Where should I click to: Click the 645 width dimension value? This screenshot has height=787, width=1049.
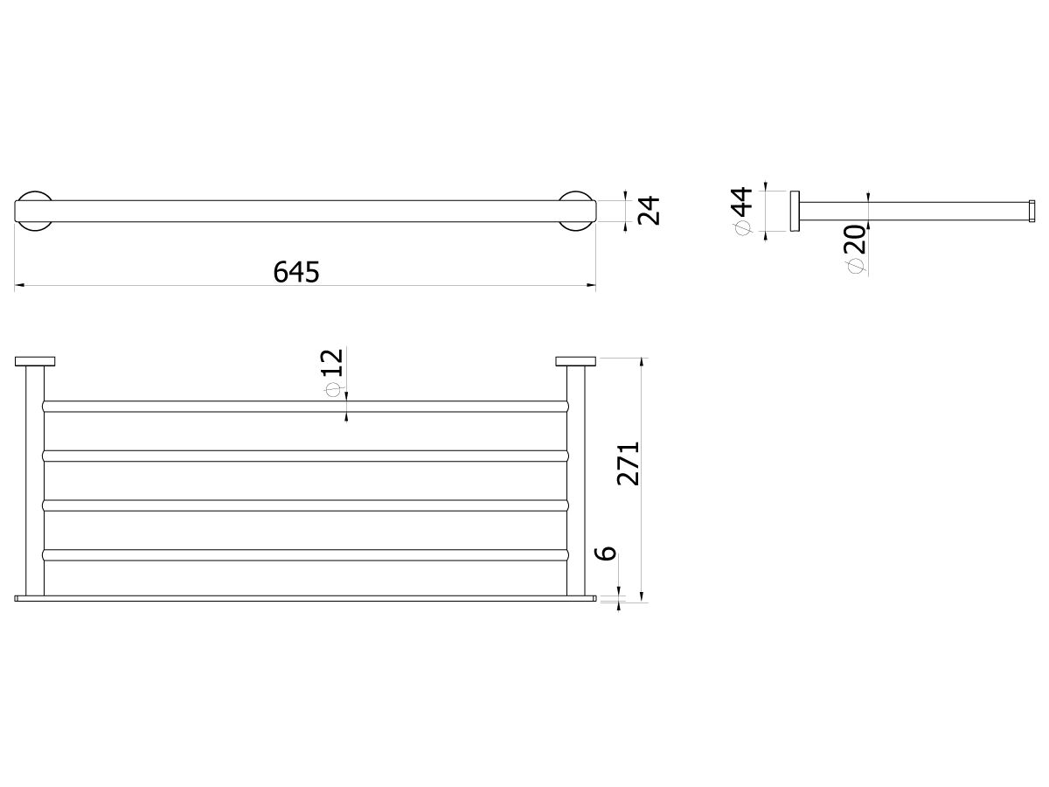coord(297,272)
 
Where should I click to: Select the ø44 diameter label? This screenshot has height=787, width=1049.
coord(742,210)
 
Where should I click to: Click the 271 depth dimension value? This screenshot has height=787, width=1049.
coord(629,463)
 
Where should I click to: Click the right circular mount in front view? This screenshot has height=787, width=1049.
coord(577,211)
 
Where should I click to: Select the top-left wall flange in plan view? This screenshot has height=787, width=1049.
coord(35,361)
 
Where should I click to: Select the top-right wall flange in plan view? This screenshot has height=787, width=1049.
coord(576,361)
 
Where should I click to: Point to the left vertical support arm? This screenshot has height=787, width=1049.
coord(34,481)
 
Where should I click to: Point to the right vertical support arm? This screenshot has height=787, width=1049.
coord(577,481)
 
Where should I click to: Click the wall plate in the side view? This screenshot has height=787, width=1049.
coord(795,211)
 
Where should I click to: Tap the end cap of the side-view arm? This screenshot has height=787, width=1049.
coord(1032,211)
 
